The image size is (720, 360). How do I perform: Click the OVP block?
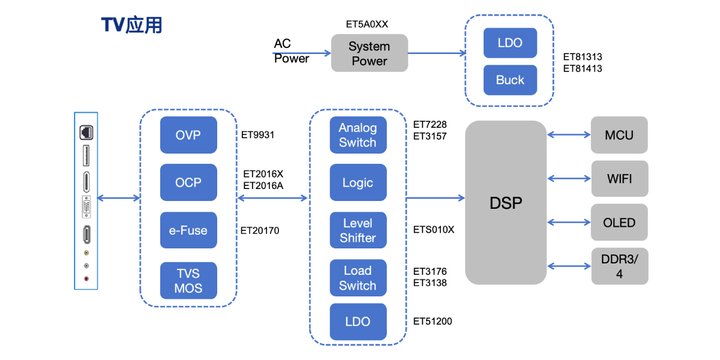188,135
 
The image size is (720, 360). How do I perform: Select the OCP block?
188,182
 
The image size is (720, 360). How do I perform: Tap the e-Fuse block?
188,230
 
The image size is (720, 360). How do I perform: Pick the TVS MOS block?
188,281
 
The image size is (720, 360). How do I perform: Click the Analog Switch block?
358,135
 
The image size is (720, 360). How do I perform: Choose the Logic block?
358,182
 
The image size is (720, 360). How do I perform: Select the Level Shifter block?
358,230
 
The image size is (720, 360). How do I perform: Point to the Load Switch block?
358,278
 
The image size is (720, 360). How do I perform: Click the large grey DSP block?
506,203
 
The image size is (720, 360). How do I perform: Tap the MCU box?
619,135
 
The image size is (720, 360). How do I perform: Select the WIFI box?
619,178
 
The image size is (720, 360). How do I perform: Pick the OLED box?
619,223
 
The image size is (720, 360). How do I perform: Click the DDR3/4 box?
619,266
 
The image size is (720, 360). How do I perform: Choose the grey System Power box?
370,53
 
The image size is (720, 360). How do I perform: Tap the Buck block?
510,80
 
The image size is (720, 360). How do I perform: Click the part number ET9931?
259,135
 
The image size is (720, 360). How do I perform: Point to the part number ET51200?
433,322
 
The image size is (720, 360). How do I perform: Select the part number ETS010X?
434,230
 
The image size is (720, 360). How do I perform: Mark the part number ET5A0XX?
367,25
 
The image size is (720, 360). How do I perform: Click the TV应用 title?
131,25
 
